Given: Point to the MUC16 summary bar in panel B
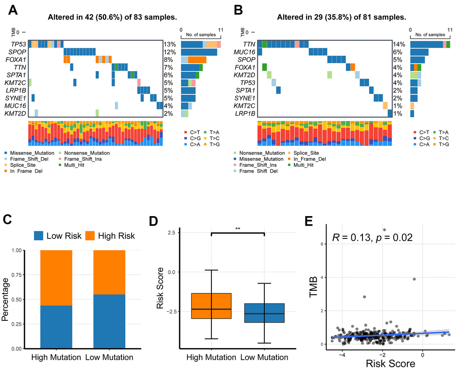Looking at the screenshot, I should (419, 52).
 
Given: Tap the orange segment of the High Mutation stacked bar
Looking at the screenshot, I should (56, 277).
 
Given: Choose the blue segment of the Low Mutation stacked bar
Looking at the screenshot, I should (109, 321).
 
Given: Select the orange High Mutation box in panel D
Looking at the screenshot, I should (211, 306).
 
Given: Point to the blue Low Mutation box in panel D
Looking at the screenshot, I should (264, 313).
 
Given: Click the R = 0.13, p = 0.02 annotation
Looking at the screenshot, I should (371, 238).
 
